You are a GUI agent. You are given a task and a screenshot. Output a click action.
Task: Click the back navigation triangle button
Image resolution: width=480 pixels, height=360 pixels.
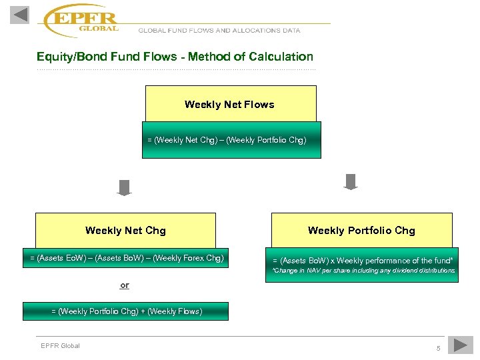(x=20, y=15)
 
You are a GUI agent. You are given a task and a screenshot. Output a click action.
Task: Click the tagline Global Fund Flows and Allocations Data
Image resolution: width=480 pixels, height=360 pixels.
(x=219, y=30)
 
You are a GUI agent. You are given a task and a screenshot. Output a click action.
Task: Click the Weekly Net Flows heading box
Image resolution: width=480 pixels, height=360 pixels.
(x=230, y=104)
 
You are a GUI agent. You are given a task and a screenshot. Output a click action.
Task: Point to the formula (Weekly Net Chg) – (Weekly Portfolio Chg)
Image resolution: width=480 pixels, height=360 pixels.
(x=227, y=140)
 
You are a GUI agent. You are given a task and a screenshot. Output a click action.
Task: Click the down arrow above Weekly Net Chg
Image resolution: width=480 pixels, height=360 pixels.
(x=124, y=187)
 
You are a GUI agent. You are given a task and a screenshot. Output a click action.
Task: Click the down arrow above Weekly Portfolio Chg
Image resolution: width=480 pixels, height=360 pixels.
(x=351, y=181)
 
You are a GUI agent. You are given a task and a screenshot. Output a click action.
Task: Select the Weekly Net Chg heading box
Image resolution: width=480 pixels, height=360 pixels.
(x=125, y=230)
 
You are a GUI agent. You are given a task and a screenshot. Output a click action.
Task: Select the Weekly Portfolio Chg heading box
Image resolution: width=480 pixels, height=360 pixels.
(x=361, y=230)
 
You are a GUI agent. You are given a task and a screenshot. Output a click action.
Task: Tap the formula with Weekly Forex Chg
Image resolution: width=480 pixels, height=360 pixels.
(x=127, y=257)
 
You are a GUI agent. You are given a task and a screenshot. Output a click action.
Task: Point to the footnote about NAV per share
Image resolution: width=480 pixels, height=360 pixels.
(x=363, y=271)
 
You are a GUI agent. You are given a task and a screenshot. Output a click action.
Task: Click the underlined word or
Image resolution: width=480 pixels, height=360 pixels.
(x=125, y=285)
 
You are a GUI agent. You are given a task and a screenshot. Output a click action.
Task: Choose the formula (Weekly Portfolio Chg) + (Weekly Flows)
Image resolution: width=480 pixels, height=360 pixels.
(x=126, y=311)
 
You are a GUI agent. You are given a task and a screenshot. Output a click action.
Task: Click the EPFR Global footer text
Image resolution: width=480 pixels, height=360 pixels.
(x=60, y=345)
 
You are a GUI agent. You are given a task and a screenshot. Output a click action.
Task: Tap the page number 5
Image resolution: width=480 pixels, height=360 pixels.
(x=438, y=349)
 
